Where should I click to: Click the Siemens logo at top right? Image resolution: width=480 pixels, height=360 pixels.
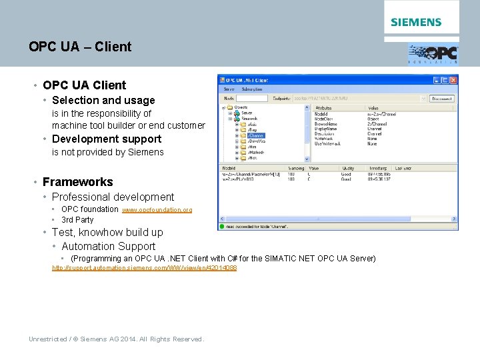click(416, 22)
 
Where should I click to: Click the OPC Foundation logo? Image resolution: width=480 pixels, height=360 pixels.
click(433, 53)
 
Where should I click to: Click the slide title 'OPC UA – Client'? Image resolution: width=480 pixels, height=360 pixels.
click(80, 47)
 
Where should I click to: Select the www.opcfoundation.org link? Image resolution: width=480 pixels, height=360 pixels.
click(157, 210)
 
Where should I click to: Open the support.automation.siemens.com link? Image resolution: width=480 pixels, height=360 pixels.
click(144, 268)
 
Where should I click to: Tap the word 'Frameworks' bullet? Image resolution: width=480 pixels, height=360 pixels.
click(77, 181)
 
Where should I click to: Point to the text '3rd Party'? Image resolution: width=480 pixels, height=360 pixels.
click(77, 220)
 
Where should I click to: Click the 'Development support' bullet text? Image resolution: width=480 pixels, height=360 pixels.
click(107, 139)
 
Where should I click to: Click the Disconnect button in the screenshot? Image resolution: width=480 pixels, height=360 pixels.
click(441, 99)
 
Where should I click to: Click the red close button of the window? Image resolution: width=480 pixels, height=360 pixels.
click(453, 80)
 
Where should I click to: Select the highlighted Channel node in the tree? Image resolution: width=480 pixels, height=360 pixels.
click(256, 135)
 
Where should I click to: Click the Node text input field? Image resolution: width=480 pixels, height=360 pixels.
click(252, 99)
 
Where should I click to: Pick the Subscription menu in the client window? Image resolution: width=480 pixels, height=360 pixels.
click(252, 89)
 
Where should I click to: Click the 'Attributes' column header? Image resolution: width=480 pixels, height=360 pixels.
click(324, 107)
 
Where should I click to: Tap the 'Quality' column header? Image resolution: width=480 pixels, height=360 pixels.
click(349, 169)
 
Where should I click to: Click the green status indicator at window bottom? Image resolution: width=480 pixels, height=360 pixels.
click(225, 227)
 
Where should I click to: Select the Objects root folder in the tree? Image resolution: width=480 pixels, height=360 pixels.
click(241, 107)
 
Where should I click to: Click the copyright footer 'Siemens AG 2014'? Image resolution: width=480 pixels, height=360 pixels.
click(116, 339)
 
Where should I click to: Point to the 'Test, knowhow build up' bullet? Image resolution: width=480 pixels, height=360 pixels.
click(107, 232)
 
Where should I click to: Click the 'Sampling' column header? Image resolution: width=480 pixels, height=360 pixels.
click(296, 169)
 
